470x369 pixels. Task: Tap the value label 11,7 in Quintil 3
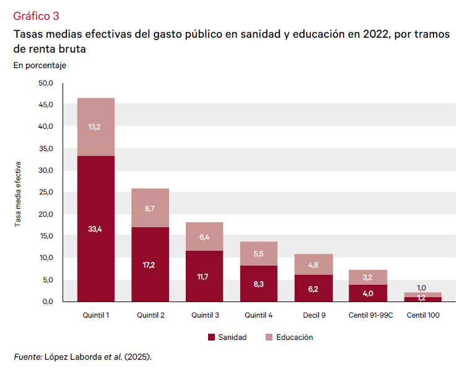(204, 277)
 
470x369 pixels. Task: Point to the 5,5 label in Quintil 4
(259, 254)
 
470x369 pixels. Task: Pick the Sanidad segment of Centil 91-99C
(368, 293)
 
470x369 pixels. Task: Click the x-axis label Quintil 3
(204, 315)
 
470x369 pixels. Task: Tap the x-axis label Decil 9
(313, 315)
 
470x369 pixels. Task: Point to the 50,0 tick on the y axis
(46, 83)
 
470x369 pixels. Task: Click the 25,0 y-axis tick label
(46, 193)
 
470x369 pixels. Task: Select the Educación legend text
(295, 337)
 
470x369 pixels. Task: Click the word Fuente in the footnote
(27, 357)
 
